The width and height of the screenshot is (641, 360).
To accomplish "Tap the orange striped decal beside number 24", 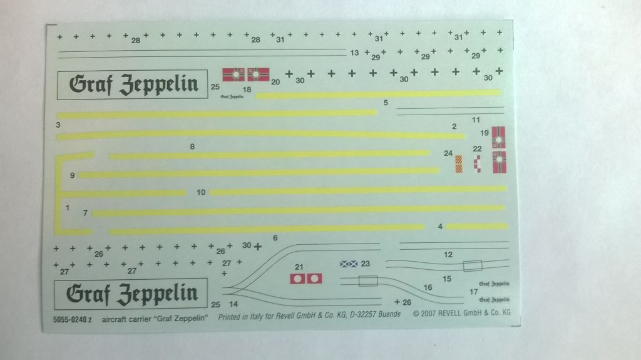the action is (x=458, y=164).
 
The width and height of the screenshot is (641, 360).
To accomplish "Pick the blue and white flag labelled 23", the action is (x=349, y=264).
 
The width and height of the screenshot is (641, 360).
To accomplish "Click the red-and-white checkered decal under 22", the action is (x=477, y=164).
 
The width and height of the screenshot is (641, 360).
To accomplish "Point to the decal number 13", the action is (x=354, y=53).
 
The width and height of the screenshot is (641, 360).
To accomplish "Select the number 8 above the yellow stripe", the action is (x=193, y=147).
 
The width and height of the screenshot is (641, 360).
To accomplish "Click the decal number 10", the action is (x=201, y=192).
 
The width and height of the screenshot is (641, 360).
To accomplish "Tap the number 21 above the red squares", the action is (x=299, y=266).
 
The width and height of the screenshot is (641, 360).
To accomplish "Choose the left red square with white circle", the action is (x=299, y=278).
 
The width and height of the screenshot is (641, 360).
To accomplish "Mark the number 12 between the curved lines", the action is (x=448, y=255).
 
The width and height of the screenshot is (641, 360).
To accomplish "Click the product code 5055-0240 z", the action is (x=69, y=318).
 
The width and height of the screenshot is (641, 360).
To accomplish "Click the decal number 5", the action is (x=386, y=102).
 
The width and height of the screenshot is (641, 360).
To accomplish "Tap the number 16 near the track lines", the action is (x=428, y=287).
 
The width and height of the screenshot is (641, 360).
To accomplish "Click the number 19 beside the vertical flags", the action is (x=485, y=133).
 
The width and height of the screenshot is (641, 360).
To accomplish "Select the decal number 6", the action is (x=275, y=238).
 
